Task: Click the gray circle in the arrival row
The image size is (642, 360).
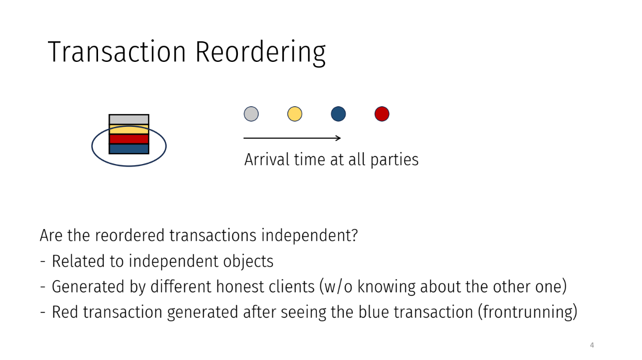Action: (251, 114)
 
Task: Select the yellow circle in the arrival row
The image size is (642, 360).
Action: (295, 114)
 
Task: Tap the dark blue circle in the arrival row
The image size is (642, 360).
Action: (338, 114)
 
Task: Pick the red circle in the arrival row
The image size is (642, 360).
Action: (382, 114)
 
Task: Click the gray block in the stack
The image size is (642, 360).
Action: (129, 120)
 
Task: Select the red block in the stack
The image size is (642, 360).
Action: (129, 139)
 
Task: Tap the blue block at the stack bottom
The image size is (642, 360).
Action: (129, 149)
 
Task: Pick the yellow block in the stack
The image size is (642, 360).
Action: (129, 129)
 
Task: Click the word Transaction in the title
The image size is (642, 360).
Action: (117, 52)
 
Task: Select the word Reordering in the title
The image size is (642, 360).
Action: (261, 53)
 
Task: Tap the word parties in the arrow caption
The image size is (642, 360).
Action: (394, 160)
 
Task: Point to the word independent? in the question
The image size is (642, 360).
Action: (309, 236)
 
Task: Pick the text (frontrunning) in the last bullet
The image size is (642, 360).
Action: (527, 312)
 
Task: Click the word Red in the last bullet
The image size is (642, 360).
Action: (65, 312)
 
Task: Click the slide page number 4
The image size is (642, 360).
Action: (592, 345)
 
